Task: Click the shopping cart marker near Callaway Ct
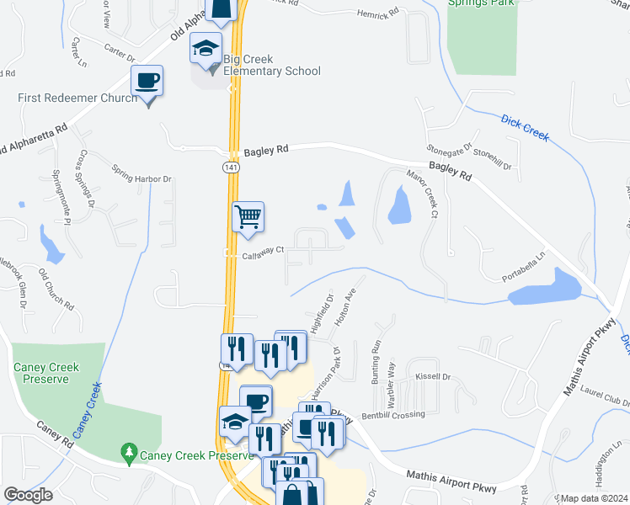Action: (x=248, y=218)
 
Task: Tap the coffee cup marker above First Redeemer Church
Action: (x=147, y=82)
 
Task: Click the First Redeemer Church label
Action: (x=77, y=98)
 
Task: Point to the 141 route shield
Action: (x=231, y=168)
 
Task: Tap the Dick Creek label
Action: (x=525, y=127)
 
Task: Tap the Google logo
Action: (x=28, y=495)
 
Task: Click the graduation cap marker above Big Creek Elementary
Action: (x=205, y=50)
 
